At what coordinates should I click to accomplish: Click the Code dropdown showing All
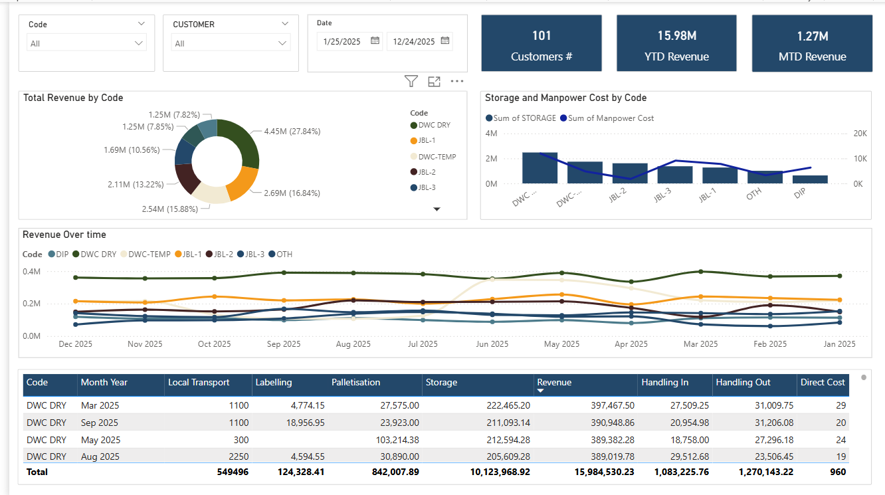pos(86,43)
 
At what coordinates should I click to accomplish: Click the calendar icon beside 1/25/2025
pos(375,41)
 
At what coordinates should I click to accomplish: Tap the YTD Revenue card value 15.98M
pos(676,36)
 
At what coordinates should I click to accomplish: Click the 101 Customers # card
pos(541,43)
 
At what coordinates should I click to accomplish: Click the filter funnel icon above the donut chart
pos(411,82)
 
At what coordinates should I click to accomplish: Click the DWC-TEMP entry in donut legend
pos(437,157)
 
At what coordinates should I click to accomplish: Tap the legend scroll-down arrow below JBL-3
pos(437,209)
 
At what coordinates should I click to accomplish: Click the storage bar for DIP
pos(810,179)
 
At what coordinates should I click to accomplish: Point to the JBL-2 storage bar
pos(629,173)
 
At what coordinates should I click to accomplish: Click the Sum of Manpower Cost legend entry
pos(607,118)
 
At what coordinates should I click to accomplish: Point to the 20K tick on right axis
pos(860,134)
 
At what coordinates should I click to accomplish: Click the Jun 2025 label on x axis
pos(492,344)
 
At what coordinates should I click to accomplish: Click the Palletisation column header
pos(356,383)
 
